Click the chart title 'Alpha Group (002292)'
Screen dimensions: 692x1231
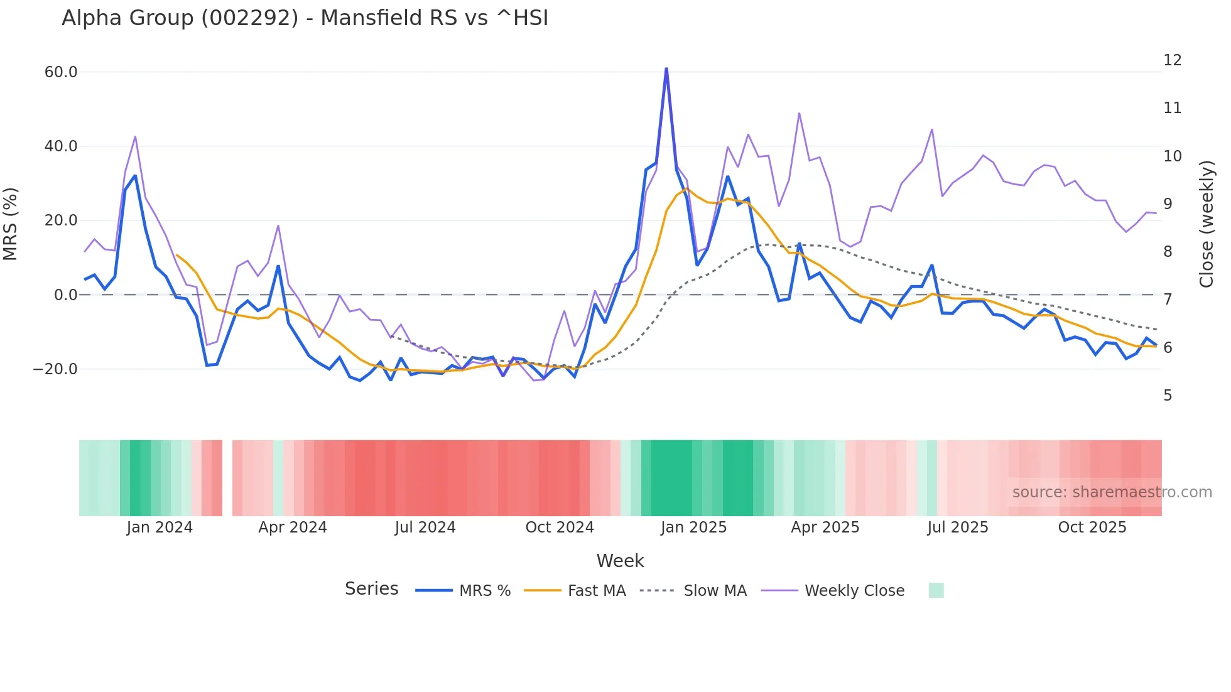pos(305,18)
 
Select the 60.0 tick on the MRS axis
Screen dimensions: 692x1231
pos(61,72)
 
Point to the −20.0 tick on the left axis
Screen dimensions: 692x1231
pos(55,369)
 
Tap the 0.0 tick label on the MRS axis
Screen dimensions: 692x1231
pos(66,295)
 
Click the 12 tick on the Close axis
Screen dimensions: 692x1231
pos(1172,60)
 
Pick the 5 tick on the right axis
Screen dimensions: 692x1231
pos(1168,396)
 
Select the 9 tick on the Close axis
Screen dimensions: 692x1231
pos(1168,204)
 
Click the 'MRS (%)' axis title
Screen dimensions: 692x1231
pos(11,224)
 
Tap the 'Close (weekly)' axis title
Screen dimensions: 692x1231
pos(1206,224)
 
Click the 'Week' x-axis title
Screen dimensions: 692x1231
pos(620,561)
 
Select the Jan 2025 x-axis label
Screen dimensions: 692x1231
pos(693,527)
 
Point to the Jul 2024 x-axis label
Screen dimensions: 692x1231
pos(425,527)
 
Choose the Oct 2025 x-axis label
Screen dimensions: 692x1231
pos(1092,527)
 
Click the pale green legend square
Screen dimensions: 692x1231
pos(936,590)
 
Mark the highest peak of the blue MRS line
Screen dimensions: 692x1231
pos(666,68)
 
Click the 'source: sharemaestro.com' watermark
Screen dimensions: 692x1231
pos(1112,492)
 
